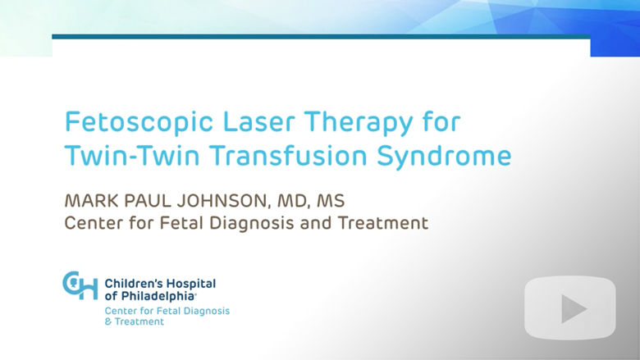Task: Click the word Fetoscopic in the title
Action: [139, 122]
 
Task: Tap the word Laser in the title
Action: [258, 121]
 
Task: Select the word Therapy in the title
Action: [358, 122]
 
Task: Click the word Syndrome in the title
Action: [444, 157]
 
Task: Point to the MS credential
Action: [331, 201]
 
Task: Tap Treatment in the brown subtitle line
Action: [383, 223]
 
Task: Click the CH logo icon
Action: [80, 285]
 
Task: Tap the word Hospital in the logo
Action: [189, 285]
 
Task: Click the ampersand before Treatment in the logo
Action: [108, 321]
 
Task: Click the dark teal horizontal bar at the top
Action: [321, 37]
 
